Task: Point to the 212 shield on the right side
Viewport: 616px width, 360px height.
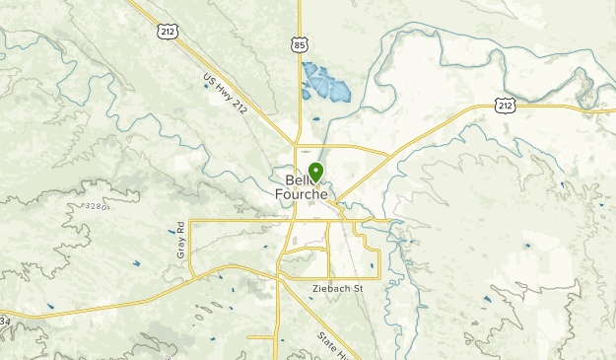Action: pyautogui.click(x=505, y=105)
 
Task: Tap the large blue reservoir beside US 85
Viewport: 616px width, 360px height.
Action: pyautogui.click(x=326, y=86)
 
